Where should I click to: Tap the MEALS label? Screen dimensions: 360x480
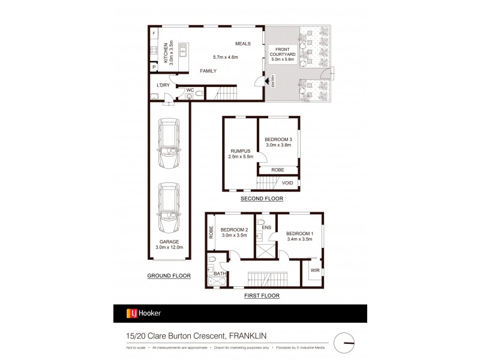tap(242, 44)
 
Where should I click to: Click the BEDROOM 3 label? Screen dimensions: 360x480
tap(278, 141)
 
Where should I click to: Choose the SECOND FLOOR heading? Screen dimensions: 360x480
tap(261, 199)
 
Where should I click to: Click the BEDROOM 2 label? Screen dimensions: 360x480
tap(234, 233)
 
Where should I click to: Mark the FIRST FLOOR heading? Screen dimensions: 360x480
tap(262, 296)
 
